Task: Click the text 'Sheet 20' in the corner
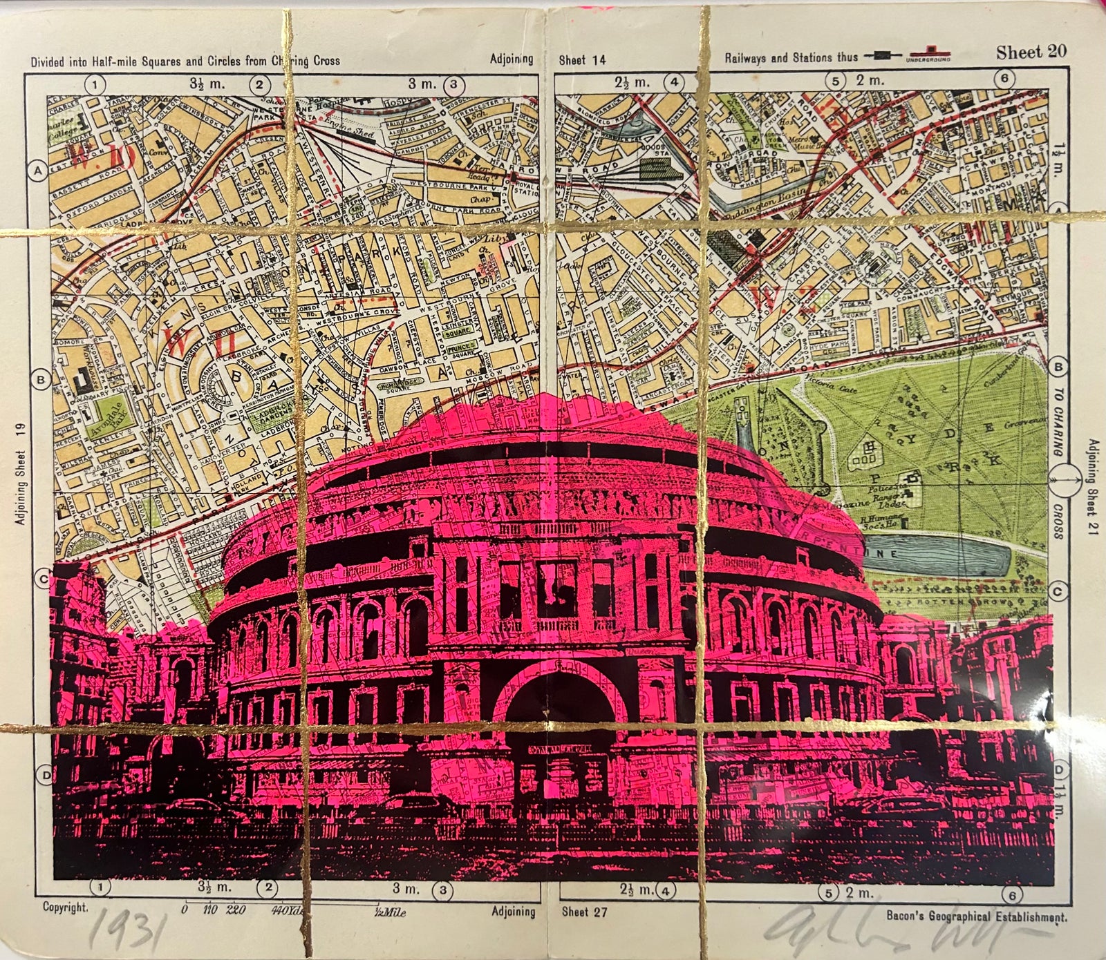[x=1031, y=52]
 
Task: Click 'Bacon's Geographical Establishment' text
[x=976, y=917]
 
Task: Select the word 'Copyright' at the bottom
[x=66, y=908]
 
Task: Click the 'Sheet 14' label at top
[x=582, y=60]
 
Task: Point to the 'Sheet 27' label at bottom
[x=584, y=912]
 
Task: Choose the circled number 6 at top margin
[x=1004, y=79]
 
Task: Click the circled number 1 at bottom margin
[x=100, y=887]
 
